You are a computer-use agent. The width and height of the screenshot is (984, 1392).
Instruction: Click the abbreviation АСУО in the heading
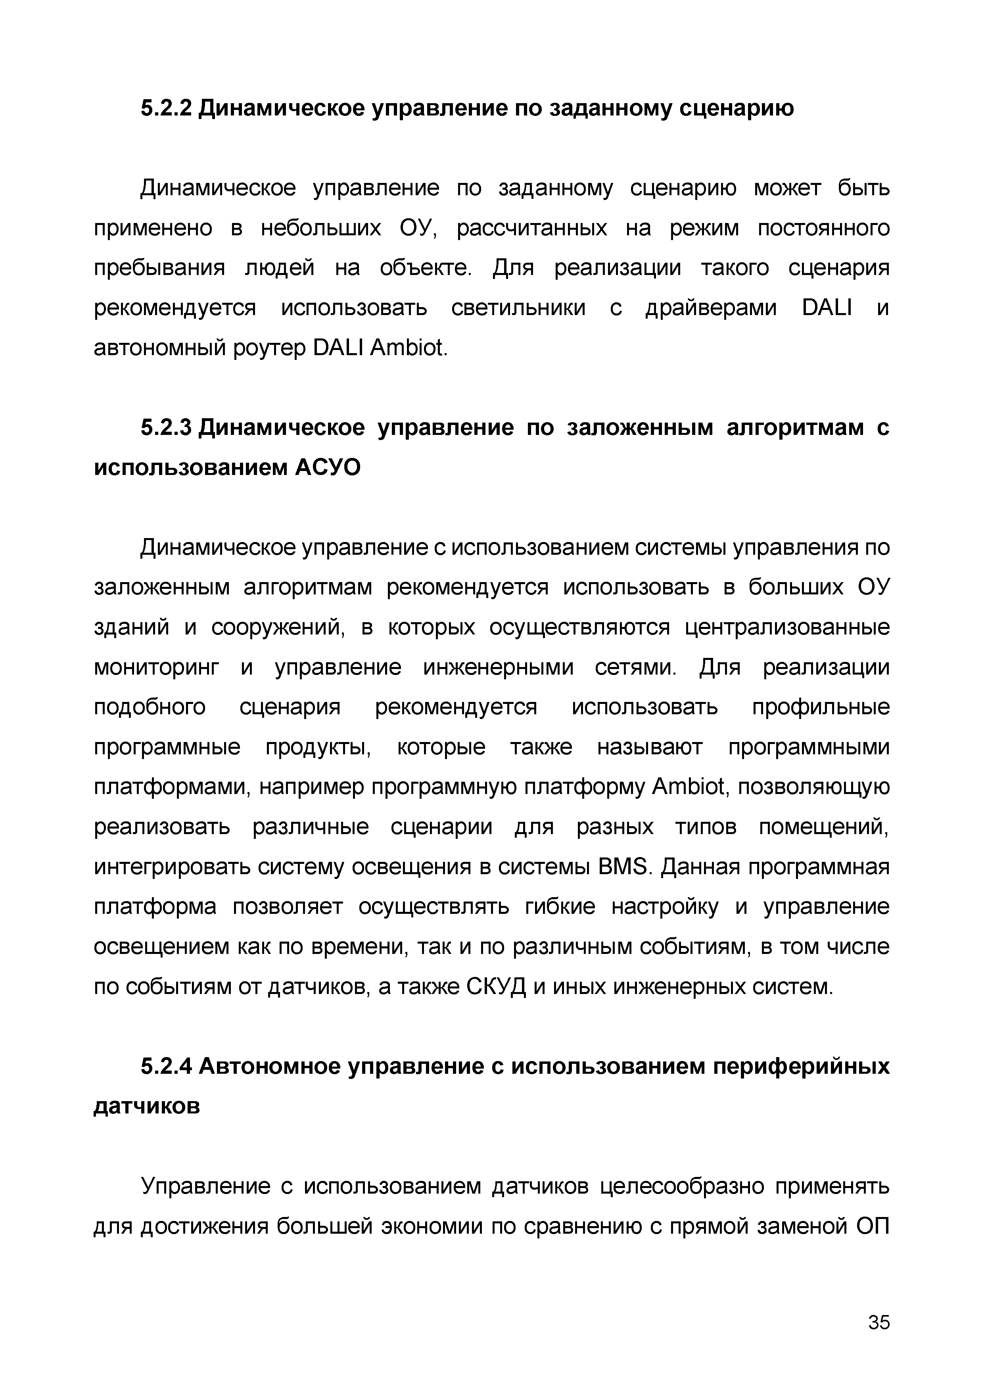tap(327, 468)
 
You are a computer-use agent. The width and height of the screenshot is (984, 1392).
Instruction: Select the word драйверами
tap(710, 309)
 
